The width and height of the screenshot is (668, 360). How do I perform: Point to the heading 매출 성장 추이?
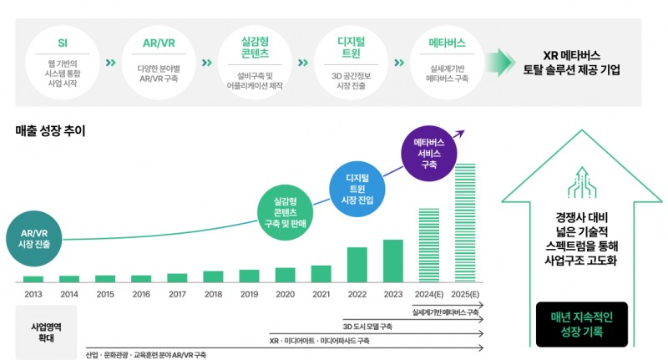(50, 131)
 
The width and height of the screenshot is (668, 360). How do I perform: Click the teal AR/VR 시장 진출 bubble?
(34, 237)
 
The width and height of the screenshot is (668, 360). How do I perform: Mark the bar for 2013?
(33, 279)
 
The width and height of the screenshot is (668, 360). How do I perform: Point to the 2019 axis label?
(249, 294)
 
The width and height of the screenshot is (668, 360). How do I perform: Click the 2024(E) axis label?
(428, 294)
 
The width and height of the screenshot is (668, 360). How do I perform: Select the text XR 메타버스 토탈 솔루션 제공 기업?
(569, 63)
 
